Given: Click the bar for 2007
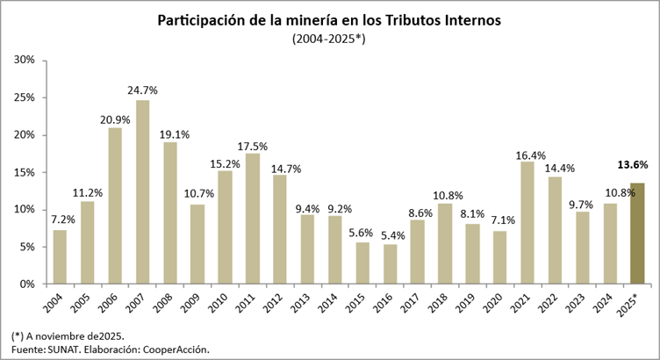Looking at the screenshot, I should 142,192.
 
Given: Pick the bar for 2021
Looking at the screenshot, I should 527,223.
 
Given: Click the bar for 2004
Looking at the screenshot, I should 60,257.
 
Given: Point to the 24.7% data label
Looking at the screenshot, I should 142,90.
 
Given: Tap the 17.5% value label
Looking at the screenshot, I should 252,145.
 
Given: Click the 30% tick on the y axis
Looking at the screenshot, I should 24,60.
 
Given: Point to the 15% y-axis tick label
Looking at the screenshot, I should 24,172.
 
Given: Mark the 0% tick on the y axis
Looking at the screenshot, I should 26,284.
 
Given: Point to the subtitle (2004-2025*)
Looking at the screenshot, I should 330,40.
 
